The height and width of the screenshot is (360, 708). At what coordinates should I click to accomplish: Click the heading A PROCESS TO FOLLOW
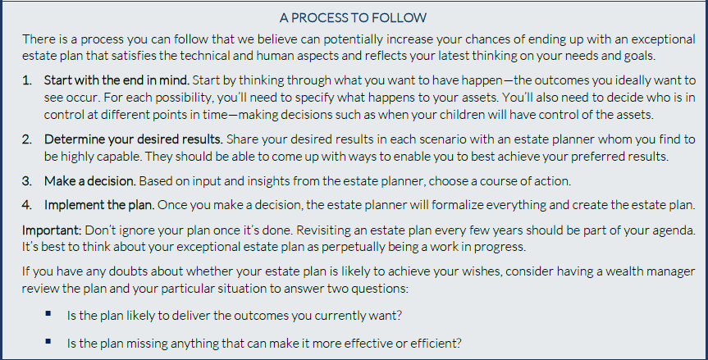point(353,17)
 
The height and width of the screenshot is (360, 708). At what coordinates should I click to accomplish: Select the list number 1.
point(26,80)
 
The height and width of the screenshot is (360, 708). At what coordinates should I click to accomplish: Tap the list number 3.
point(26,181)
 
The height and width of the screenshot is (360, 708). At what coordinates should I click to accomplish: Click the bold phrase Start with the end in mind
point(116,80)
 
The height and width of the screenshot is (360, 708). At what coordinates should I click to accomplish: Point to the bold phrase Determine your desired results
point(133,139)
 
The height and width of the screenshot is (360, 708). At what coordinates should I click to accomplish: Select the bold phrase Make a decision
point(90,181)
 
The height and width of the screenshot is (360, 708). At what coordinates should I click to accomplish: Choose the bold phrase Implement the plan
point(99,205)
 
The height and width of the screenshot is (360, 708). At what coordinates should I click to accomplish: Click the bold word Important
point(52,230)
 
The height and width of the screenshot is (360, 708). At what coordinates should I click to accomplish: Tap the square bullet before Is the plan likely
point(48,313)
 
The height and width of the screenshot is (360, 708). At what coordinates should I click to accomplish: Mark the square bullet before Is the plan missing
point(48,341)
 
